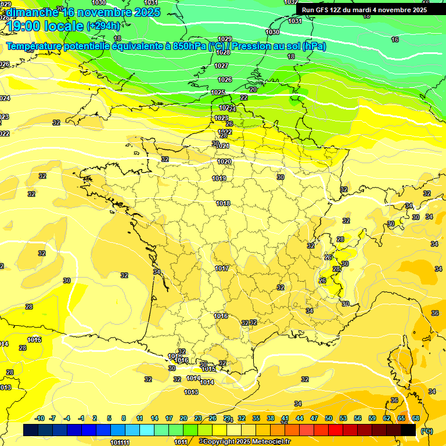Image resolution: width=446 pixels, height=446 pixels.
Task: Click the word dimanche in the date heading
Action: pyautogui.click(x=31, y=12)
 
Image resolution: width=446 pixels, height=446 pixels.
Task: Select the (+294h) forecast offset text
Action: pyautogui.click(x=103, y=26)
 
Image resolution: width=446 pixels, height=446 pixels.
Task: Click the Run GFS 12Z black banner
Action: pyautogui.click(x=364, y=9)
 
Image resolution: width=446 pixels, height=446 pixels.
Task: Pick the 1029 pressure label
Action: pyautogui.click(x=224, y=39)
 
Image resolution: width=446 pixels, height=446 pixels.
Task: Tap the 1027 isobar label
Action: pyautogui.click(x=221, y=66)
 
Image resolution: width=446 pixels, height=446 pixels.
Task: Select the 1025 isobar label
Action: pyautogui.click(x=218, y=92)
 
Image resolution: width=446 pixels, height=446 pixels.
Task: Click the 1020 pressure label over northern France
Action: pyautogui.click(x=224, y=161)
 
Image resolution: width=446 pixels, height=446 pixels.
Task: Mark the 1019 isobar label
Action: pyautogui.click(x=219, y=178)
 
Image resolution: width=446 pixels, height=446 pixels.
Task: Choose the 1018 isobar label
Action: pyautogui.click(x=223, y=203)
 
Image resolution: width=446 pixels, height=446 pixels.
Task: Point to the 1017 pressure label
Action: pyautogui.click(x=221, y=268)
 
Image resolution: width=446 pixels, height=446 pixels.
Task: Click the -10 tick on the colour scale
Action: pyautogui.click(x=39, y=418)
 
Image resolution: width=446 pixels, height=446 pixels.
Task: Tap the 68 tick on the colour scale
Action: pyautogui.click(x=416, y=418)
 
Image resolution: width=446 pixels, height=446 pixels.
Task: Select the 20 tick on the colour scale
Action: pyautogui.click(x=183, y=418)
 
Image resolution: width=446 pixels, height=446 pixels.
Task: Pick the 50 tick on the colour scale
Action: pyautogui.click(x=329, y=418)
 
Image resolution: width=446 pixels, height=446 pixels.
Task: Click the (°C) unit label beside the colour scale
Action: pyautogui.click(x=426, y=430)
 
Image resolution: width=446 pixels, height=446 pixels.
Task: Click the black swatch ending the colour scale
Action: pyautogui.click(x=408, y=430)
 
